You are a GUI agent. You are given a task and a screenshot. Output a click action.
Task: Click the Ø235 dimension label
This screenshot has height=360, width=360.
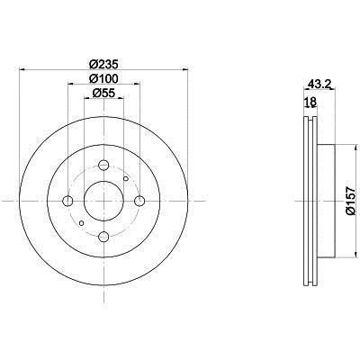point(104,64)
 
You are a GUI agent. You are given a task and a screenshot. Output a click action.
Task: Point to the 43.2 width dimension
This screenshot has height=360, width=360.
point(314,86)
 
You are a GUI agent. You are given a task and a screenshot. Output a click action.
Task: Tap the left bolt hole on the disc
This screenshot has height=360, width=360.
point(67,201)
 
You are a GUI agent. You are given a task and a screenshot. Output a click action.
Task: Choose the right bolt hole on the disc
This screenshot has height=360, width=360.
point(139,201)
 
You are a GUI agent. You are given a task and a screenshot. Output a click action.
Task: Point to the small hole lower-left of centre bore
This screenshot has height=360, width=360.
point(82,221)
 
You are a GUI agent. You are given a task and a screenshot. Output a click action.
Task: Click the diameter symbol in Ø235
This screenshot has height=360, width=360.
point(93,64)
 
